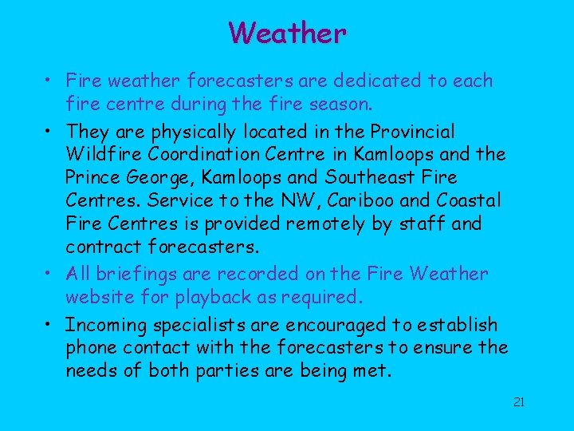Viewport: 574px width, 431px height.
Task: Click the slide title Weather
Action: pos(287,34)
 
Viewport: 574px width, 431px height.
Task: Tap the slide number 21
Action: pos(518,402)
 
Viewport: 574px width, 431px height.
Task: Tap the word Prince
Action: pos(92,176)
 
